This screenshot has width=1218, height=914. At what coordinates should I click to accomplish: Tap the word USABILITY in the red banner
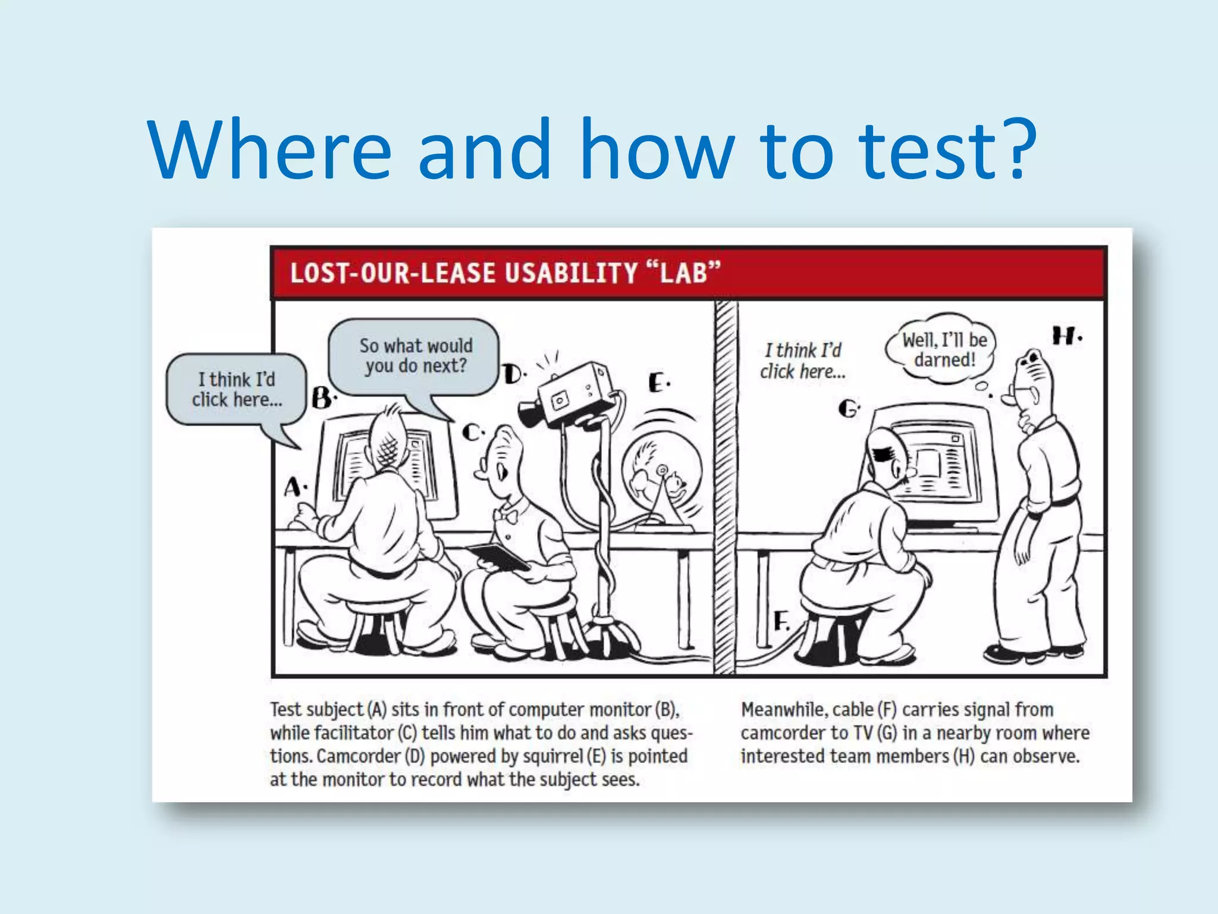[x=571, y=273]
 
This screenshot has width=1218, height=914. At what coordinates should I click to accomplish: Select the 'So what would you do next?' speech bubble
[x=415, y=356]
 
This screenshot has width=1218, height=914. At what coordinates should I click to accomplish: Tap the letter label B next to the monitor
[x=322, y=397]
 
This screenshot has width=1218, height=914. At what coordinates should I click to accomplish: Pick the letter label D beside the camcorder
[x=513, y=374]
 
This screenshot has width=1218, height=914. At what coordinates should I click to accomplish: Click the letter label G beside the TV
[x=848, y=409]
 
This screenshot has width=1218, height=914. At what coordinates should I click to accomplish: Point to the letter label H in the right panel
[x=1065, y=336]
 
